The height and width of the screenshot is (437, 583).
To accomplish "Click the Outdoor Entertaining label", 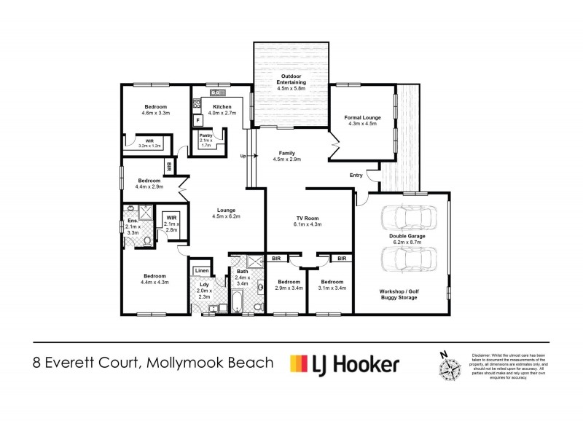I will point(291,84).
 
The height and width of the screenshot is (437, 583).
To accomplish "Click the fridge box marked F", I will point(197,121).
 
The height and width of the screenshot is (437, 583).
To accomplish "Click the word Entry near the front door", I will point(356,175).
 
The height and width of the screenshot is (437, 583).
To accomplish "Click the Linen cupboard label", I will point(202,272).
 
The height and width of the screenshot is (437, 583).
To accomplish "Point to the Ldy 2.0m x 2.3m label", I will point(203,290).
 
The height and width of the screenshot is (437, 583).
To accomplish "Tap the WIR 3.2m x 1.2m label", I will point(149,143).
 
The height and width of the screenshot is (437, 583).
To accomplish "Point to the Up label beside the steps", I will point(243,156).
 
